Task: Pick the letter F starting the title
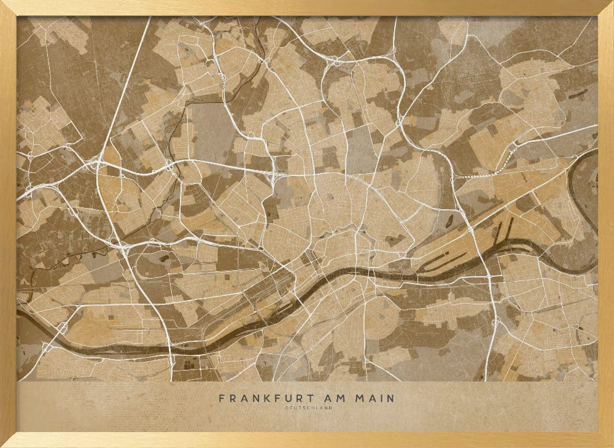click(222, 398)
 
